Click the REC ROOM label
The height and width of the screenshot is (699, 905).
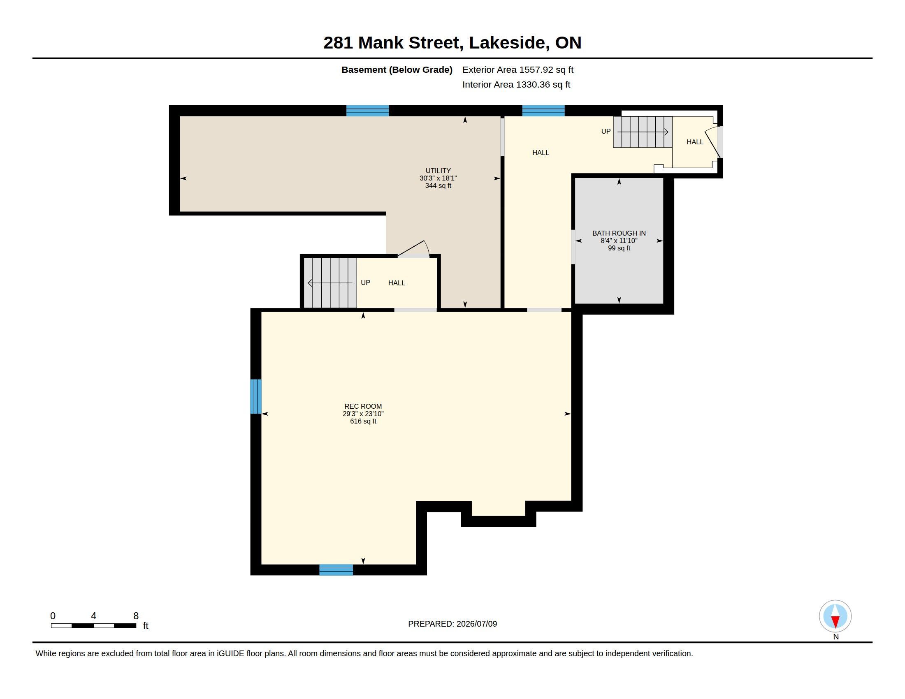click(x=363, y=406)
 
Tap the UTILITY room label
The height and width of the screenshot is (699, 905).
click(x=438, y=171)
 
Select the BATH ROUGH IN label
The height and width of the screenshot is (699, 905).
click(x=619, y=233)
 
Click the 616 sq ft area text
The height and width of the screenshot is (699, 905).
click(x=363, y=421)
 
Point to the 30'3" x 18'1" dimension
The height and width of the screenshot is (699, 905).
click(x=438, y=178)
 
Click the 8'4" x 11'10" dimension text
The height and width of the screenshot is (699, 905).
click(x=619, y=241)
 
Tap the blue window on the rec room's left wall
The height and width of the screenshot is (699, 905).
click(x=256, y=396)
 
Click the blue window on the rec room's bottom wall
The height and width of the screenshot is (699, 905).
click(x=336, y=570)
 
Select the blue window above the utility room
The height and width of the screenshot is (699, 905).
click(x=367, y=111)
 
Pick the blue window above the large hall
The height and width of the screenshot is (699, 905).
click(x=543, y=111)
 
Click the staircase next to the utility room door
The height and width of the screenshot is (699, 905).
click(x=330, y=283)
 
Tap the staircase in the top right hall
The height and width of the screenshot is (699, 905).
click(x=643, y=132)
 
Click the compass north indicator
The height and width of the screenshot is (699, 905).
click(x=835, y=616)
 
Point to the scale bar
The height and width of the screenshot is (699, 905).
click(x=94, y=625)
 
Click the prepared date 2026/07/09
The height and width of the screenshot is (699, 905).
click(x=476, y=624)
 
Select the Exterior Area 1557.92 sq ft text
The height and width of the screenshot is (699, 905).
click(x=517, y=69)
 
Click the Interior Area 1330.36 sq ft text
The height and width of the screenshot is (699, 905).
click(x=516, y=84)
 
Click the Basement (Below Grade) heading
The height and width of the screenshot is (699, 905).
click(x=397, y=69)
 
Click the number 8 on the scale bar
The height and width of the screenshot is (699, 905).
click(x=136, y=616)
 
